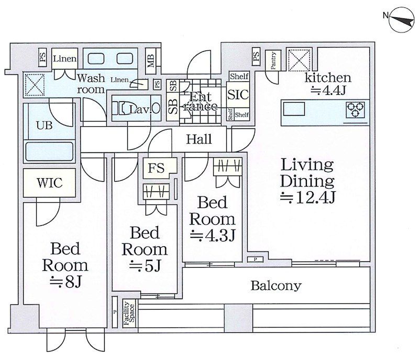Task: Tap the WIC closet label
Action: click(50, 183)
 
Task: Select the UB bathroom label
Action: click(44, 126)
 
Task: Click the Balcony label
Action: click(275, 286)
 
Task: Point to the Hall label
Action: click(199, 139)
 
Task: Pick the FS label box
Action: click(156, 168)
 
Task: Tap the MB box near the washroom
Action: click(150, 61)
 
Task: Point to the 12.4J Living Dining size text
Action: click(307, 198)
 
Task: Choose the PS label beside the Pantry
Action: click(256, 57)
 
